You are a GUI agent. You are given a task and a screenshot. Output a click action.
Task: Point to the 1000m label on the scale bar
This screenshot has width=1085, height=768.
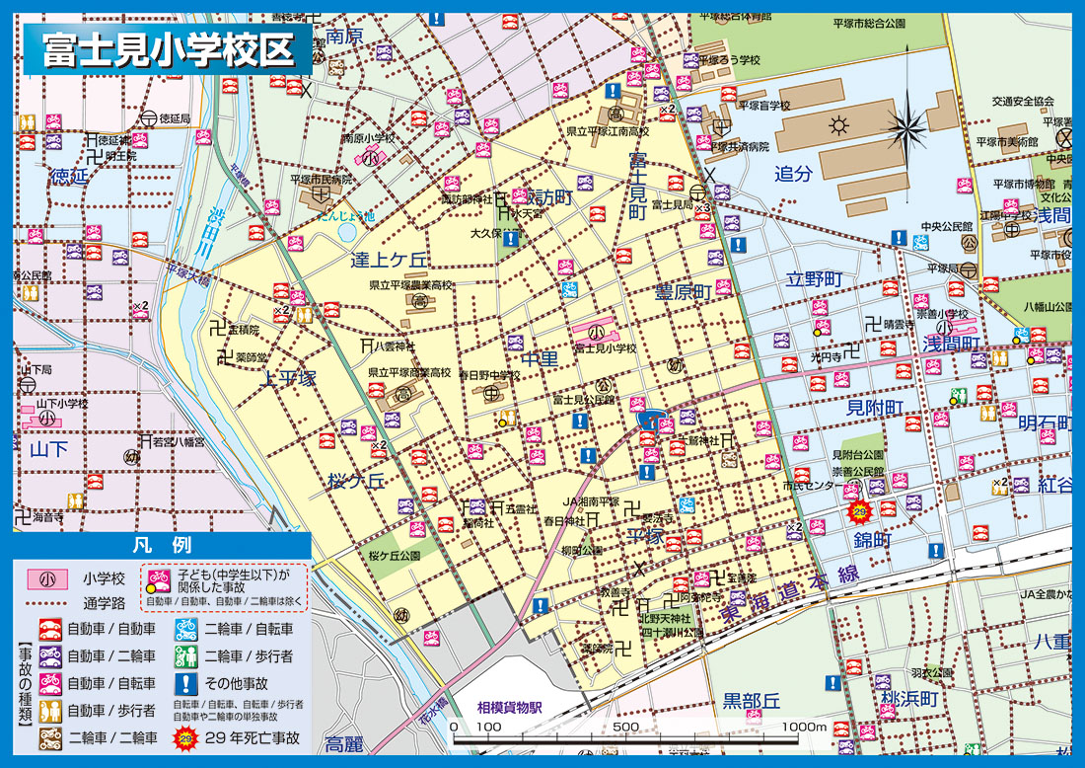(x=803, y=728)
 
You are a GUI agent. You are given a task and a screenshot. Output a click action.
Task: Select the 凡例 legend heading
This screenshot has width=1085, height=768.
(x=161, y=545)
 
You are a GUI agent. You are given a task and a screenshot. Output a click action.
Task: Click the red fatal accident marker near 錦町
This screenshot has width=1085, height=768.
(x=859, y=511)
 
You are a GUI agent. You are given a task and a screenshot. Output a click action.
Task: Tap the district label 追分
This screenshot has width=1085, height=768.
(x=793, y=174)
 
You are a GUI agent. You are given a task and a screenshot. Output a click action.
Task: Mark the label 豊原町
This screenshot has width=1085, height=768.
(x=684, y=292)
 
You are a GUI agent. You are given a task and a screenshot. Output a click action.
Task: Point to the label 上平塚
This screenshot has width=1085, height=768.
(x=287, y=379)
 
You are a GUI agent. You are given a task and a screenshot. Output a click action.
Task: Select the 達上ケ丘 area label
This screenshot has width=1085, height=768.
(x=391, y=261)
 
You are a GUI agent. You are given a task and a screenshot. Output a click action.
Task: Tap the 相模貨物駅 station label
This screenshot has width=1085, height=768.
(x=511, y=707)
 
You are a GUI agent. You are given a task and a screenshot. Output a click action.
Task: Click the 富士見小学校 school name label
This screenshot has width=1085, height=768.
(x=605, y=348)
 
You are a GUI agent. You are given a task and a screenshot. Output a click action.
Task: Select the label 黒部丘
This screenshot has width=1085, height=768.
(x=752, y=700)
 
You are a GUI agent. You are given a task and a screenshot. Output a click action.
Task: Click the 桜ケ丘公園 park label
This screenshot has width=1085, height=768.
(x=394, y=556)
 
